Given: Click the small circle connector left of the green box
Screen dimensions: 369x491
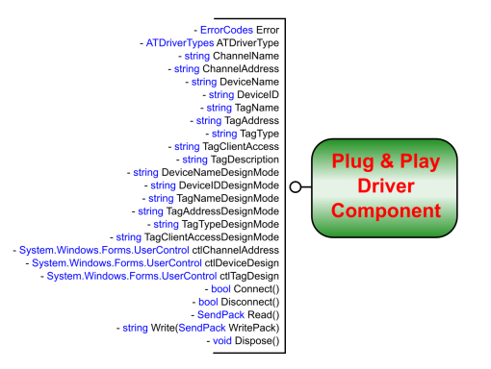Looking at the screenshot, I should [296, 185].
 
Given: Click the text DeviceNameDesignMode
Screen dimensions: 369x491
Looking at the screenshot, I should [220, 173].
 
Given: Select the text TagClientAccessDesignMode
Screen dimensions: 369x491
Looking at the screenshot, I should [211, 237].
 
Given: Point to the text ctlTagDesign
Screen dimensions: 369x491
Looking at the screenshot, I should [248, 276].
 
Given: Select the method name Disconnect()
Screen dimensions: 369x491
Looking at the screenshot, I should [252, 302].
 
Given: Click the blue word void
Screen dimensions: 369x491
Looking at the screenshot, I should [221, 341].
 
